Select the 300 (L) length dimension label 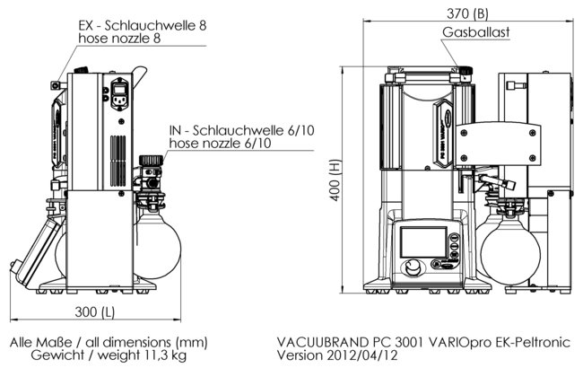click(95, 312)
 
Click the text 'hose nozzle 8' click(120, 39)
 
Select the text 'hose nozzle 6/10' click(221, 145)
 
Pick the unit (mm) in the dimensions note click(188, 343)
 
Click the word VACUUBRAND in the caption click(321, 343)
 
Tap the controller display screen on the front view click(416, 242)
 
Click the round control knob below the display click(413, 268)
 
